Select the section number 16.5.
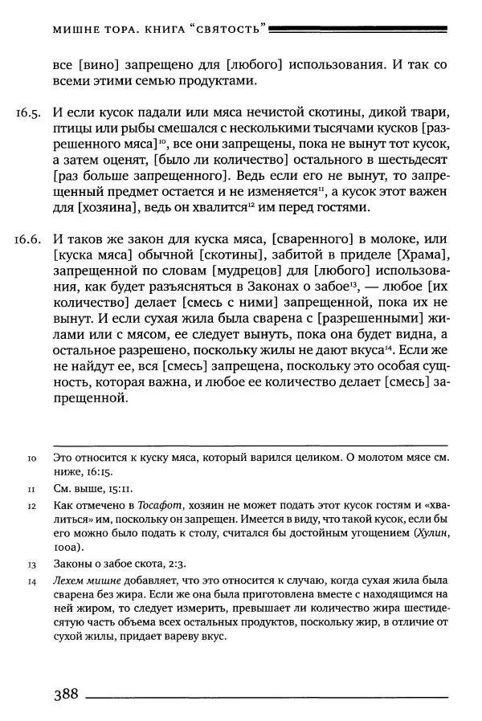click(28, 110)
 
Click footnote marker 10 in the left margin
click(31, 458)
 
